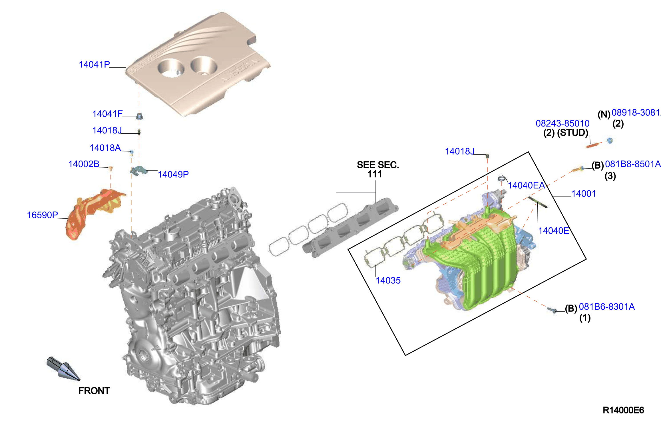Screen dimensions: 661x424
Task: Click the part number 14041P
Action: coord(94,65)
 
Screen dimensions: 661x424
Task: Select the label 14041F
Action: coord(107,114)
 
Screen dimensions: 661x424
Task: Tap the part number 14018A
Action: coord(105,148)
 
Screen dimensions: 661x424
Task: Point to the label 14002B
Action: coord(84,164)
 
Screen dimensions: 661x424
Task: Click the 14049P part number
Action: coord(173,174)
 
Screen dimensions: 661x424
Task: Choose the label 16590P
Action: coord(42,215)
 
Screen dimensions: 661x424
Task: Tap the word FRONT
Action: coord(94,391)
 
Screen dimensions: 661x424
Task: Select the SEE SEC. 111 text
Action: coord(378,169)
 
